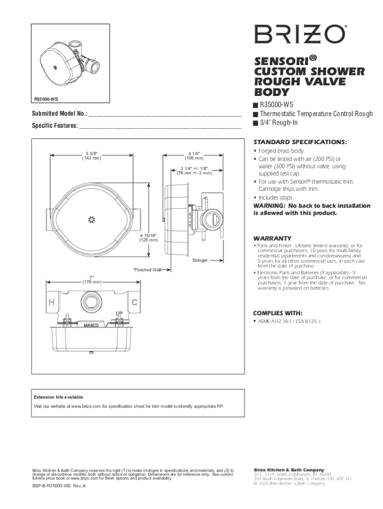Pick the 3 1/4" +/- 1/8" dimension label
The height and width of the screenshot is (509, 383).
[x=194, y=171]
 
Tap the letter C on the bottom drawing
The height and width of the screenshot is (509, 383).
[x=135, y=302]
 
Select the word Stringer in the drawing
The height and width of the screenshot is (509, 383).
[x=200, y=260]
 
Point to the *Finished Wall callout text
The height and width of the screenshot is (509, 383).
[x=147, y=270]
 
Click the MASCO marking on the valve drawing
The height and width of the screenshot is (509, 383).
[x=90, y=326]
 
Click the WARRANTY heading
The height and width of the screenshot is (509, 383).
[x=272, y=238]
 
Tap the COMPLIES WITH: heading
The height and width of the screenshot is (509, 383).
[x=278, y=313]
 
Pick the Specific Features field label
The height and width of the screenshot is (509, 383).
[x=55, y=126]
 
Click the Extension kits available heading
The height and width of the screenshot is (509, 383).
[x=58, y=397]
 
